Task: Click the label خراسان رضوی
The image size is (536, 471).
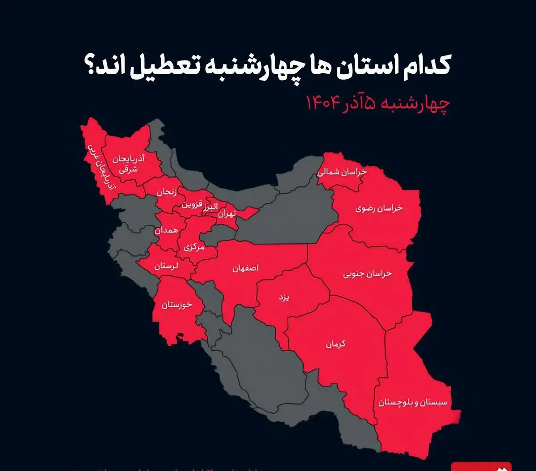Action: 379,208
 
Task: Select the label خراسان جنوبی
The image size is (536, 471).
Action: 367,274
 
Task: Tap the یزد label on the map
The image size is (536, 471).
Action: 284,297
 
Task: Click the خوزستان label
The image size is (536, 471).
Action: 176,305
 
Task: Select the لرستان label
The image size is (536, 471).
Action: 166,266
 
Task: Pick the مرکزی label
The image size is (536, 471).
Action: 193,247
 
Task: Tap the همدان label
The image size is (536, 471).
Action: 166,230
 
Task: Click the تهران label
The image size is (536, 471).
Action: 226,214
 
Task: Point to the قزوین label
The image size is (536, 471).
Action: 191,205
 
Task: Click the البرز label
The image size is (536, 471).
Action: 210,206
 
